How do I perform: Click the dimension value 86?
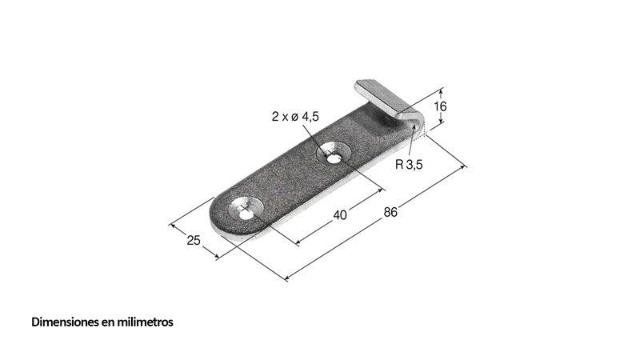point(390,212)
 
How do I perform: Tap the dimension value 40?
point(339,214)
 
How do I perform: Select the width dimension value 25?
point(194,240)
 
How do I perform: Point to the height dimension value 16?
point(440,106)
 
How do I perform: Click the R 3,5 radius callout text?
point(409,165)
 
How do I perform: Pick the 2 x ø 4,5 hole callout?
point(295,117)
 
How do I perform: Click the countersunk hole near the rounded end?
point(245,210)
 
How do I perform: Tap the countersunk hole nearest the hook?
point(334,154)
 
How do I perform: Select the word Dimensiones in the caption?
point(66,322)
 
